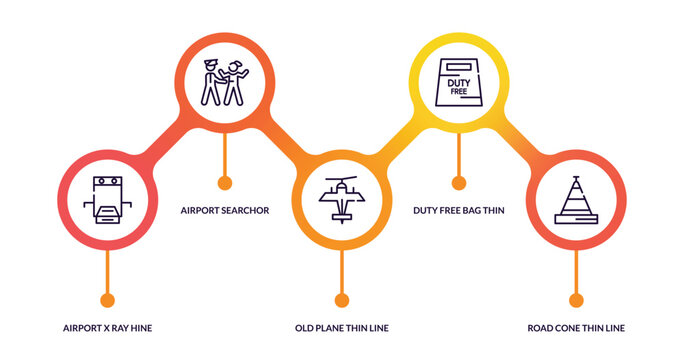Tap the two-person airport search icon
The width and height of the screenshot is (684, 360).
pos(224,83)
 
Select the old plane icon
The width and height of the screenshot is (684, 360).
pos(341,200)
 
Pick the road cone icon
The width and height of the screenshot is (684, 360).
pos(576,200)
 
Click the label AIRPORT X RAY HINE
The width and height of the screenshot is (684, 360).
pos(107,328)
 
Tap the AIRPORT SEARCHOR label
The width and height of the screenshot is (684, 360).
pos(225,210)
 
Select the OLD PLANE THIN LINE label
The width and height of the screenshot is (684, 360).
pos(342,328)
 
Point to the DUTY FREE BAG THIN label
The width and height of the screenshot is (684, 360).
pos(459,210)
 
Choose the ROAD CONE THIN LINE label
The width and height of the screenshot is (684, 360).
pos(576,328)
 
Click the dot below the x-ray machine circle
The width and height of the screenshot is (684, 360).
pos(108,300)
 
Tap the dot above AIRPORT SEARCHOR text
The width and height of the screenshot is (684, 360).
pos(225,183)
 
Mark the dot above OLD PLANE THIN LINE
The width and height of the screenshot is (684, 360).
pos(342,300)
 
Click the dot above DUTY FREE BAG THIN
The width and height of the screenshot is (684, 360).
pos(459,183)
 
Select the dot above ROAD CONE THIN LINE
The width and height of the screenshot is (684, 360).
pos(576,300)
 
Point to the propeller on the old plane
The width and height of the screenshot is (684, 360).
pos(341,183)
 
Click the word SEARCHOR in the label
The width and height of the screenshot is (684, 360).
pos(247,210)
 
